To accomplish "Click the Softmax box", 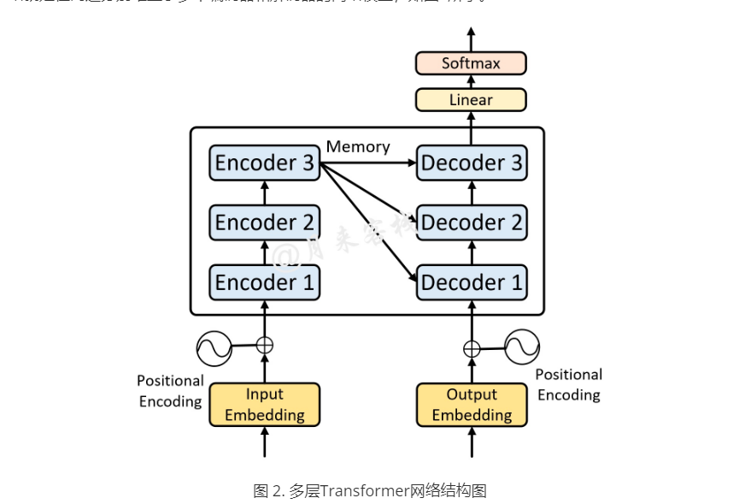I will point(471,63).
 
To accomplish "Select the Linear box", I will point(471,100).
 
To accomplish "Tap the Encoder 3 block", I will point(265,163).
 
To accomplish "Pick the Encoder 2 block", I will point(265,222).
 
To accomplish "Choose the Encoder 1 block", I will point(265,282).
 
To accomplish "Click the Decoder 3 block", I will point(471,163).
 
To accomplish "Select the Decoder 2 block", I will point(471,222).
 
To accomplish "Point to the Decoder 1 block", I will point(471,282).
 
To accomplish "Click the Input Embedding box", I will point(265,405).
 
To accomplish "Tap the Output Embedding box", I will point(471,405).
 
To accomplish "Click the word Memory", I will point(358,147).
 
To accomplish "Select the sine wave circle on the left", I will point(214,347).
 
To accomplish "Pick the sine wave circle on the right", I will point(522,347).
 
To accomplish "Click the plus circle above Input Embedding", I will point(265,346).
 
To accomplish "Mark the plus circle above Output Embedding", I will point(471,348).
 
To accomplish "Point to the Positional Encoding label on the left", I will point(170,391).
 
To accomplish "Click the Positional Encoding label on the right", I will point(568,385).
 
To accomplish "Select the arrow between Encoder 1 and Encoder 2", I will point(265,252).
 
